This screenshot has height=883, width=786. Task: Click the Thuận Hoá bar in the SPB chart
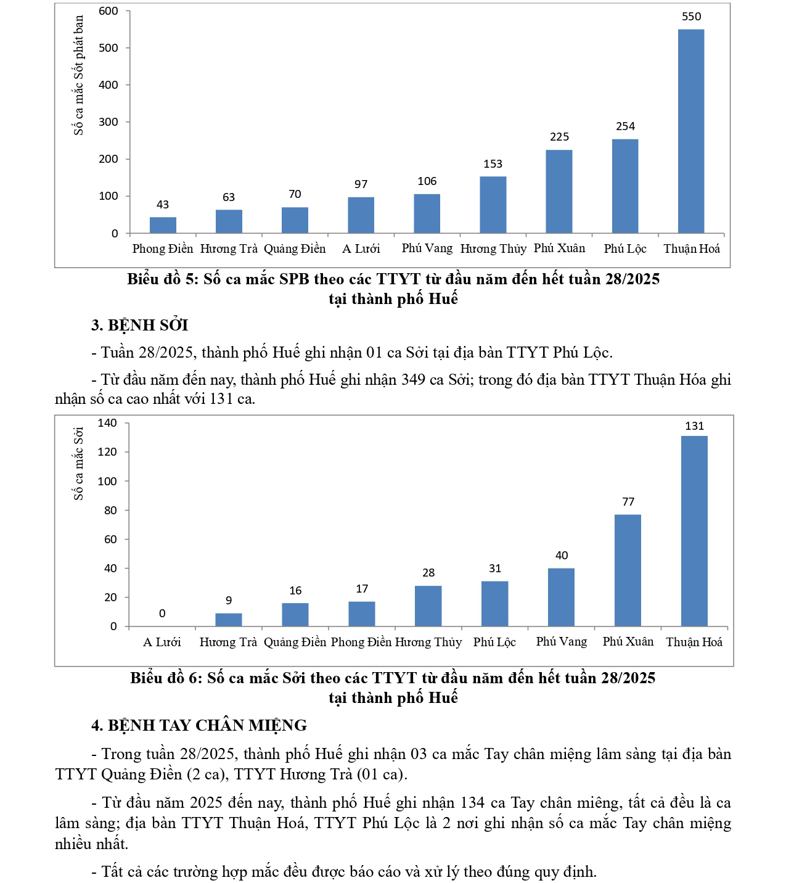pos(690,131)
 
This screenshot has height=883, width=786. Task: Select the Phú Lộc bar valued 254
pos(625,186)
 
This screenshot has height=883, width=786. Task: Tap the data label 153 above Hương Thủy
pos(493,164)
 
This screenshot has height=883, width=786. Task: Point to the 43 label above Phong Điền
pos(163,205)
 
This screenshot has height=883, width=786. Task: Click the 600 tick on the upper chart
pos(108,11)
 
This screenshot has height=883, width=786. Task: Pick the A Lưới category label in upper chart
pos(361,248)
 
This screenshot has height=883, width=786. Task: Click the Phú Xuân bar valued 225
pos(559,191)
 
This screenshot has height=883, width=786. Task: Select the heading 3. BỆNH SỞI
pos(139,325)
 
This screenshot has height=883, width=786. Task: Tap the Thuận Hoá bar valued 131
pos(694,531)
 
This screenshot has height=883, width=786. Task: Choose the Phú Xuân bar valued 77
pos(628,570)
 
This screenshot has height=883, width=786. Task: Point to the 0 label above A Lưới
pos(162,614)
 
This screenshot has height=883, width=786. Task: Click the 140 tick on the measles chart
pos(107,423)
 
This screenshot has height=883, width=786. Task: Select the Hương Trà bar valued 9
pos(228,620)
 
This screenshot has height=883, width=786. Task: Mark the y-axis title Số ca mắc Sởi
pos(78,463)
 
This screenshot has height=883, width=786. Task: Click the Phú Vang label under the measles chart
pos(561,641)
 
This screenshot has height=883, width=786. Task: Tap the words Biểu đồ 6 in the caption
pos(166,678)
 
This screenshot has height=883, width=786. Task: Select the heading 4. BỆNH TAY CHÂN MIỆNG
pos(199,725)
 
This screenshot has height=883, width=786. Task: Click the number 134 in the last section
pos(470,803)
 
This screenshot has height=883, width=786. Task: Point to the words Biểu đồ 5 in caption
pos(163,279)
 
